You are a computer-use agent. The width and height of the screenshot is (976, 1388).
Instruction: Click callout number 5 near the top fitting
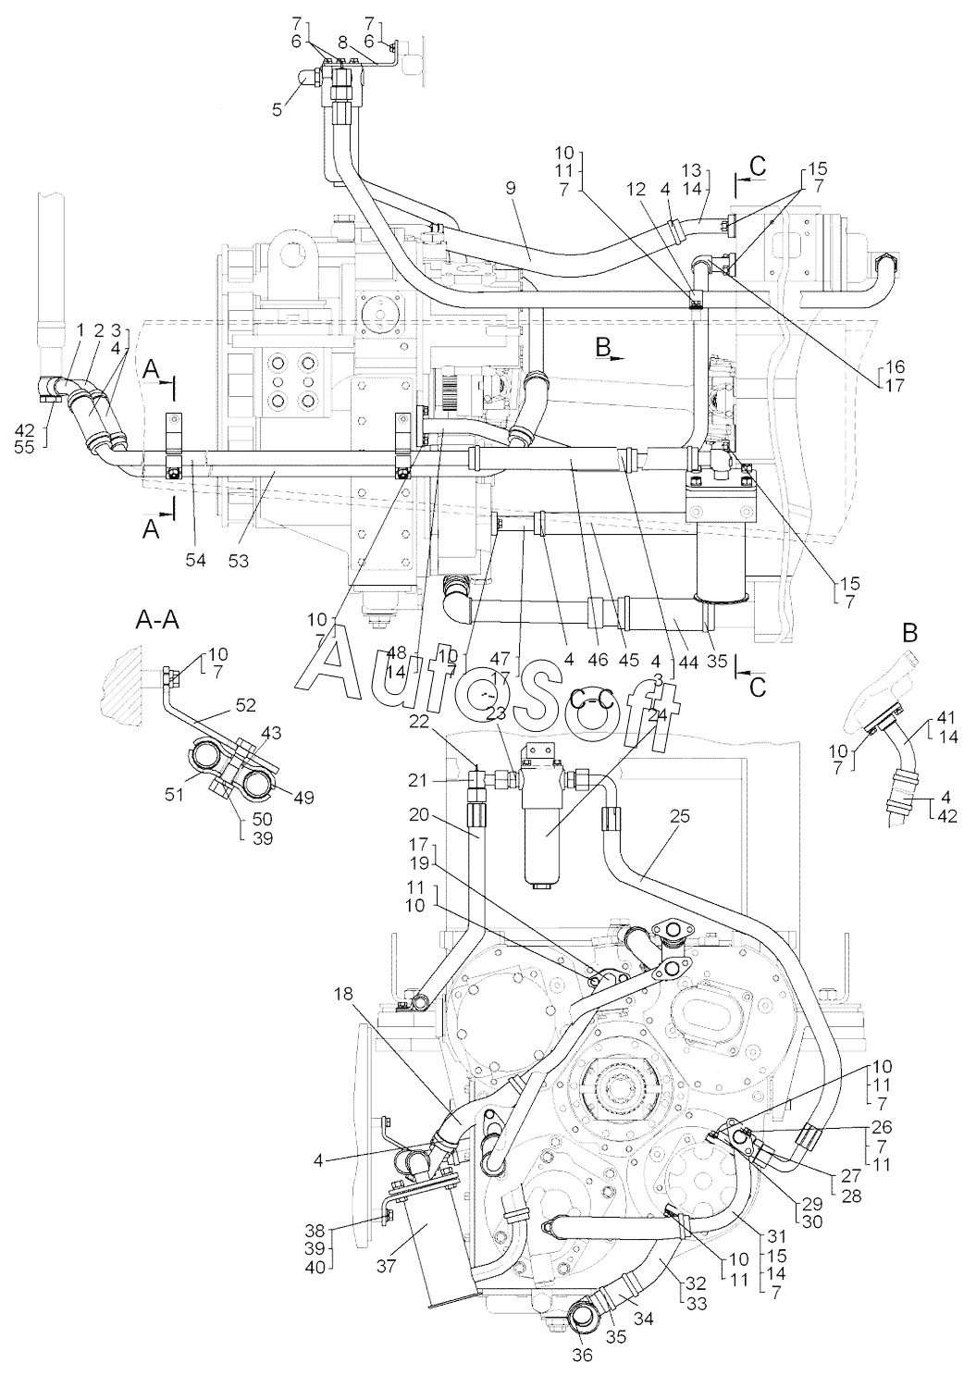coord(278,109)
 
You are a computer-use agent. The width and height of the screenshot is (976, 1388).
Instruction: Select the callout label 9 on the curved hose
coord(510,189)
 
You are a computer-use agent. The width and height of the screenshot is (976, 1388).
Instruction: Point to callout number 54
coord(196,560)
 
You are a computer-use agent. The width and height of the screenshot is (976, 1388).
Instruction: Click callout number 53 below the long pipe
coord(239,560)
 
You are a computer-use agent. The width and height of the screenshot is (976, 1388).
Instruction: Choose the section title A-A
coord(157,620)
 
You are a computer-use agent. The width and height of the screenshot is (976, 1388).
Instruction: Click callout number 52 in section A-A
coord(245,706)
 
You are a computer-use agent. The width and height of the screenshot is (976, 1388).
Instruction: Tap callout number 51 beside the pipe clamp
coord(174,794)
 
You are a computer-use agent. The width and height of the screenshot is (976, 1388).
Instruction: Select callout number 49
coord(303,797)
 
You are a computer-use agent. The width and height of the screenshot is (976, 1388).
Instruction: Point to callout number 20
coord(418,815)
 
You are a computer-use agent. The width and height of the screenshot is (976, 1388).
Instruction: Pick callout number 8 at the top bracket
coord(342,43)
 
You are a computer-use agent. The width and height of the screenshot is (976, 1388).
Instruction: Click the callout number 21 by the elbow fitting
coord(417,780)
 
